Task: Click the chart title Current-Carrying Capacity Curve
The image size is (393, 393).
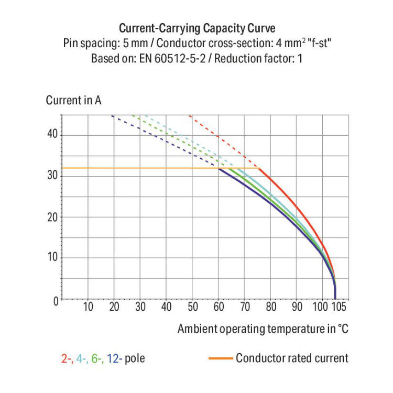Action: click(196, 28)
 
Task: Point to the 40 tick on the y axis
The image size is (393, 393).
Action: click(51, 135)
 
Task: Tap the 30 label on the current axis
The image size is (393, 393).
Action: click(51, 176)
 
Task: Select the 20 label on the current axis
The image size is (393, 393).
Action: click(51, 216)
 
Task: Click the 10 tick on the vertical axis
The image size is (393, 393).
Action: click(51, 257)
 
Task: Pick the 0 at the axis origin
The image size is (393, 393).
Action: click(54, 300)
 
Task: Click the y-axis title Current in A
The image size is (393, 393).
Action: click(73, 100)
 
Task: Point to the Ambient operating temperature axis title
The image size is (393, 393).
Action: click(263, 329)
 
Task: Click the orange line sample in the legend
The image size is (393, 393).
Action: click(220, 358)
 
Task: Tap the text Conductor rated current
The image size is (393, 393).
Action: click(292, 358)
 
